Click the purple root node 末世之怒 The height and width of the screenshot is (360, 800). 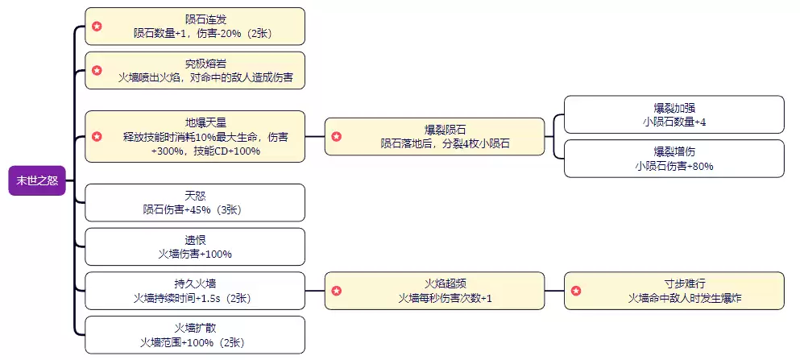(36, 180)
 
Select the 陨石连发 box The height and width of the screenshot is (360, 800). (195, 27)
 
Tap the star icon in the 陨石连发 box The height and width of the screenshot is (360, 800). (97, 27)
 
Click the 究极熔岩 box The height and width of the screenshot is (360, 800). (195, 70)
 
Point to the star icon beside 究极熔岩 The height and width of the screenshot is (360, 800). (97, 70)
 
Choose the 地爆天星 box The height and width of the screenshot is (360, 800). (195, 136)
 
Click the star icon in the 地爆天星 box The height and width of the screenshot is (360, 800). (97, 137)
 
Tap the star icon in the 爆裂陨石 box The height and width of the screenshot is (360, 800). (337, 136)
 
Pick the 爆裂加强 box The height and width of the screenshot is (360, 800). (674, 114)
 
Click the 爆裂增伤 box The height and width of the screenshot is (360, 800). (674, 158)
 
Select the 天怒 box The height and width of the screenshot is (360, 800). (195, 202)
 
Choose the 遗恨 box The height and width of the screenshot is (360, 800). (195, 246)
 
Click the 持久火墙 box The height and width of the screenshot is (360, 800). (195, 290)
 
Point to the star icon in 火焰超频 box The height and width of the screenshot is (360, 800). (337, 290)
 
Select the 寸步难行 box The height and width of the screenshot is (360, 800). (674, 290)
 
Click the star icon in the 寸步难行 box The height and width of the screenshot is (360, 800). (575, 290)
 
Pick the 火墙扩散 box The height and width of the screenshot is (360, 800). (195, 334)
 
